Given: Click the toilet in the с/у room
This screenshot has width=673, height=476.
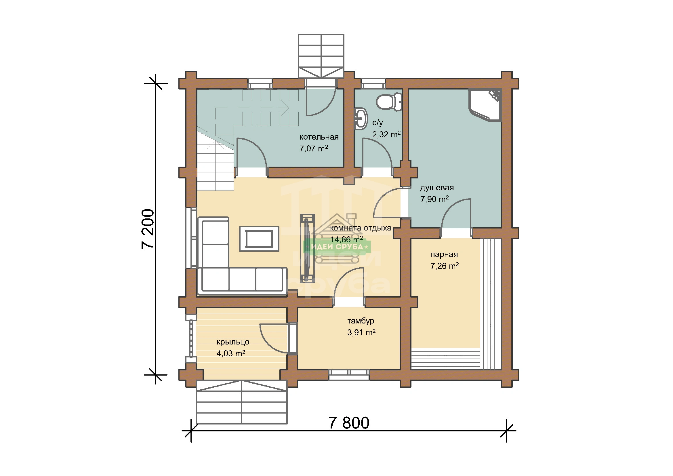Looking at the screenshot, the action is (389, 102).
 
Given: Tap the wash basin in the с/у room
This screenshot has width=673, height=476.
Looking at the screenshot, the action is (361, 118).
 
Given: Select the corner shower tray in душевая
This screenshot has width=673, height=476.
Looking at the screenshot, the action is (485, 105).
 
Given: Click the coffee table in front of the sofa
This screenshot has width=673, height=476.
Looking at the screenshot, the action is (259, 239).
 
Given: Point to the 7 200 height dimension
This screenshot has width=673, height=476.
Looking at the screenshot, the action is (148, 229).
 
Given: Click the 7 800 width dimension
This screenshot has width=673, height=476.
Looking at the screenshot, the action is (349, 423).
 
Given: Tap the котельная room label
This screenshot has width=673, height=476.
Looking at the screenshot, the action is (319, 137).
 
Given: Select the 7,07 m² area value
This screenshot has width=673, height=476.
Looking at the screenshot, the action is (314, 148).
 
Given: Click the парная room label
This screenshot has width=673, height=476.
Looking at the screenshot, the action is (444, 254).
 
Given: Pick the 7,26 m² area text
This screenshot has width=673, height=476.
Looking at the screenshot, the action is (444, 266).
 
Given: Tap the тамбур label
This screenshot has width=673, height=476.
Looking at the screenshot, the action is (361, 321).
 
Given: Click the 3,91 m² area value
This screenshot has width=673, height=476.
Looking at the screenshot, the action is (361, 332).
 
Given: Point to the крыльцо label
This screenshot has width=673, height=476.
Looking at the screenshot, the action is (233, 342).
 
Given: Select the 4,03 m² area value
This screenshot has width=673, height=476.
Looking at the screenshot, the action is (231, 353).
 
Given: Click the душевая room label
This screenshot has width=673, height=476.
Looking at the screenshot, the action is (437, 188).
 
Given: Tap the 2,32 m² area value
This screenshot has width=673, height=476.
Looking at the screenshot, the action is (386, 134).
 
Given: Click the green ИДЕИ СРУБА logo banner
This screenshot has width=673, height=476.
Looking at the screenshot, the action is (337, 247).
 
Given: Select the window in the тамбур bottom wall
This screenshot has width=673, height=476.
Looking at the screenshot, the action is (349, 375).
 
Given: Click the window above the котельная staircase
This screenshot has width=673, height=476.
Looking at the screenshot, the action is (260, 83).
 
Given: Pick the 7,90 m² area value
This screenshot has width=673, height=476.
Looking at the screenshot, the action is (434, 199).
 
